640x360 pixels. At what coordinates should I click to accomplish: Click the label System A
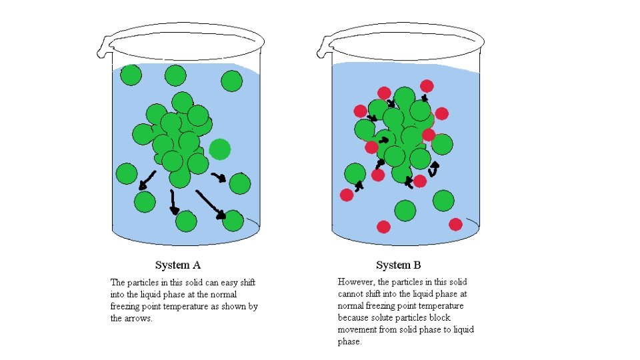(177, 265)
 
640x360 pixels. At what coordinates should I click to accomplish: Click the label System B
(399, 265)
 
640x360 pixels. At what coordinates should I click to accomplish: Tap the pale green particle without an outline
(219, 149)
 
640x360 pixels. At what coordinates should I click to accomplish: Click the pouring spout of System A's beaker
(103, 46)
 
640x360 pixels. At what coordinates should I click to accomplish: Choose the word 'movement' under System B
(360, 330)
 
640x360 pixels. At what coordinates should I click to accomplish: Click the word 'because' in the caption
(354, 318)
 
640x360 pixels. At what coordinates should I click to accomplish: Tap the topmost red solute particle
(427, 86)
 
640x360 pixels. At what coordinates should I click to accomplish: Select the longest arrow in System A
(211, 203)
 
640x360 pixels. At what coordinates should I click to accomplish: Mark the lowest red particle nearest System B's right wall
(455, 224)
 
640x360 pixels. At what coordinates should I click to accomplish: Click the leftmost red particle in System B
(347, 195)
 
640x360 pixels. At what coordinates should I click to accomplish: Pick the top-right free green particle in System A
(231, 81)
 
